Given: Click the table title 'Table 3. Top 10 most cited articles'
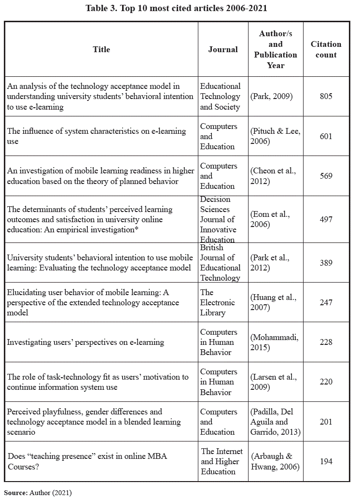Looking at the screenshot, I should pos(176,8).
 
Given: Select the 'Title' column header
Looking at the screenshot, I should pos(101,49).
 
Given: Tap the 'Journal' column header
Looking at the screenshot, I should pos(223,49).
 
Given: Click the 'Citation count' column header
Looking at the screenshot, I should pos(326,49).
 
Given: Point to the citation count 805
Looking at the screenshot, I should pos(326,96).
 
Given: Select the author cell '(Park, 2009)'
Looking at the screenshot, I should pos(271,96).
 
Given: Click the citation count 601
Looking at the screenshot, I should pos(326,136).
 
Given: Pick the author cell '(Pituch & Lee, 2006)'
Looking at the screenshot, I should pos(275,136).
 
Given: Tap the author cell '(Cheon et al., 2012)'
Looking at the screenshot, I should pos(273,176).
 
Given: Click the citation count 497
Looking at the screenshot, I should pos(326,219).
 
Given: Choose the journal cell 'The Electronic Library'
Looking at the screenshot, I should pos(217,302).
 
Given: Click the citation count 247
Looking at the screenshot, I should pos(326,302).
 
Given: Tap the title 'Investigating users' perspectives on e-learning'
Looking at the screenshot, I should pos(85,342).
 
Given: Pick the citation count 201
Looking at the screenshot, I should pos(326,422).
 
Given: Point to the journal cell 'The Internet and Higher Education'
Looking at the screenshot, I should pos(222,461).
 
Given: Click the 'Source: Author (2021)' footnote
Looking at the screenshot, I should pos(38,493).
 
